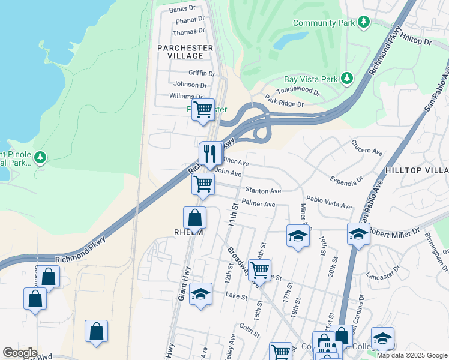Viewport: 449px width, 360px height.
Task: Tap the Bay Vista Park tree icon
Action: pos(346,79)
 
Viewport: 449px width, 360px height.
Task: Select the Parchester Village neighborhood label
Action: pos(185,52)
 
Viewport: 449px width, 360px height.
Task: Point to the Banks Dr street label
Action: pos(182,9)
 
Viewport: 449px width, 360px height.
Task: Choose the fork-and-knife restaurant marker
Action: pos(210,154)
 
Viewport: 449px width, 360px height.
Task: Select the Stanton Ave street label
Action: pos(263,191)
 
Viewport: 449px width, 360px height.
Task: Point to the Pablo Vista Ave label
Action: pos(328,202)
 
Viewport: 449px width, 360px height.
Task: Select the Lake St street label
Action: pos(232,295)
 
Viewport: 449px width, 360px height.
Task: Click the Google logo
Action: pos(20,352)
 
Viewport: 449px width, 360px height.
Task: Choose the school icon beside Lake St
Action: pos(200,294)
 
